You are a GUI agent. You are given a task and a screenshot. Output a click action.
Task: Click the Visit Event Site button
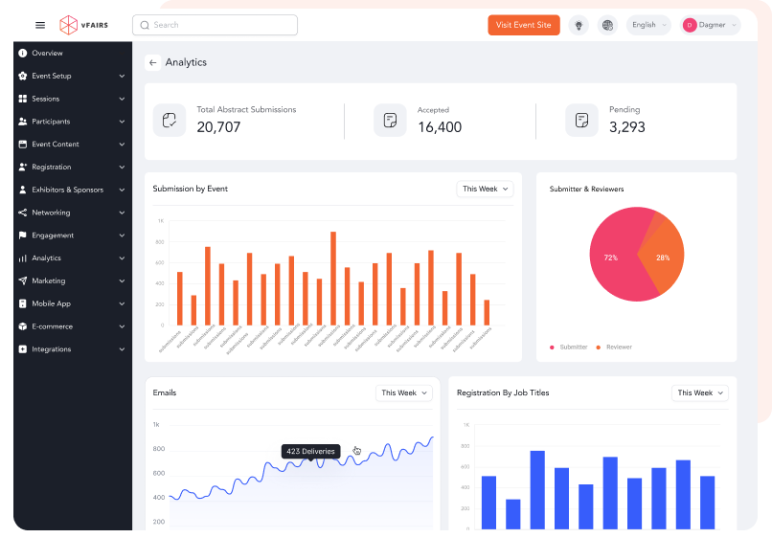coord(524,25)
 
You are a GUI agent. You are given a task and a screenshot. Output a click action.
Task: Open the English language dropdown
coord(648,25)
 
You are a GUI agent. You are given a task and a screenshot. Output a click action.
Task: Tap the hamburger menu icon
coord(40,25)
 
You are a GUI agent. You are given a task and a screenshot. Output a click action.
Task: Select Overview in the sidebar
coord(47,53)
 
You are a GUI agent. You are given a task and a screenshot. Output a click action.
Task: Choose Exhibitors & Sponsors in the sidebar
coord(67,190)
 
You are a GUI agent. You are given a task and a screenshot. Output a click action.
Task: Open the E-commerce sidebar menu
coord(52,326)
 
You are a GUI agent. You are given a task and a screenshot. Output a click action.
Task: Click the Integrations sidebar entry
coord(51,349)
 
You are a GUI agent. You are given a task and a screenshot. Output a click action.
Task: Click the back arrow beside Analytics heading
coord(153,63)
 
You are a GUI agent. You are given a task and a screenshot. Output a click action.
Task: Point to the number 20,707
coord(219,127)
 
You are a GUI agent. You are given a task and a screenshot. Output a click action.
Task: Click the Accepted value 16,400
coord(440,127)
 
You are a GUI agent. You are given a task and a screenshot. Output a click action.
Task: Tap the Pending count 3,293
coord(627,127)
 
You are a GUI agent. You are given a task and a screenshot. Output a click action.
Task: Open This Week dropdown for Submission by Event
coord(485,190)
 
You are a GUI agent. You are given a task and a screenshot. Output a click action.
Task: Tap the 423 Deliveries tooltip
coord(310,451)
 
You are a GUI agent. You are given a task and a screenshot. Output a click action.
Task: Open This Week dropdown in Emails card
coord(403,393)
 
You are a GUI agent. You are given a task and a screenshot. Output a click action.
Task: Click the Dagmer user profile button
coord(710,25)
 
